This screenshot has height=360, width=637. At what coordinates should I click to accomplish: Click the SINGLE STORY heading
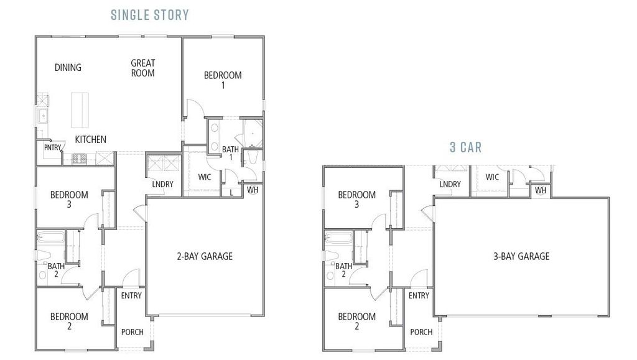point(150,14)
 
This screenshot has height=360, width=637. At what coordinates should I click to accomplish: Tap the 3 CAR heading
point(466,147)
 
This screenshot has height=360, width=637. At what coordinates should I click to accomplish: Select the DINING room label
point(68,67)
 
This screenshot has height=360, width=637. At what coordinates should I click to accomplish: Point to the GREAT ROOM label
point(143,68)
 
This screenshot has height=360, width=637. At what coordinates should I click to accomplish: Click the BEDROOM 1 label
point(223,80)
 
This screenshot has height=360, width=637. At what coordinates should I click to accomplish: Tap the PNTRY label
point(52,148)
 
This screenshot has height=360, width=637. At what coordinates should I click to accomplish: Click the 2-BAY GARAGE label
point(204,256)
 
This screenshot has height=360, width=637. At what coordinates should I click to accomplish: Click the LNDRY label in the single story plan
point(162,184)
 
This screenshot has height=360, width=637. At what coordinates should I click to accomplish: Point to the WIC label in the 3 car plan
point(492,177)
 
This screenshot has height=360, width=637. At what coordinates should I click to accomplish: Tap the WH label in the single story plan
point(253,189)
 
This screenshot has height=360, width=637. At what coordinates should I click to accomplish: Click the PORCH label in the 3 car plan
point(421,332)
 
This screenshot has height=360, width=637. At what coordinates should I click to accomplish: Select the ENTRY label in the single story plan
point(131,295)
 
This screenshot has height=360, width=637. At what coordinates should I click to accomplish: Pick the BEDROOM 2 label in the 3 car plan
point(357,321)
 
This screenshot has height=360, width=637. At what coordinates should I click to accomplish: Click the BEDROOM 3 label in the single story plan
point(69,199)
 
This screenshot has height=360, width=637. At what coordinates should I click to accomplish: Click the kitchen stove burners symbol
point(79,159)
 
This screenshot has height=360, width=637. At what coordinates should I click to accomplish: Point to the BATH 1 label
point(231,153)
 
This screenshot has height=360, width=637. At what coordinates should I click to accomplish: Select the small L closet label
point(231,192)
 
